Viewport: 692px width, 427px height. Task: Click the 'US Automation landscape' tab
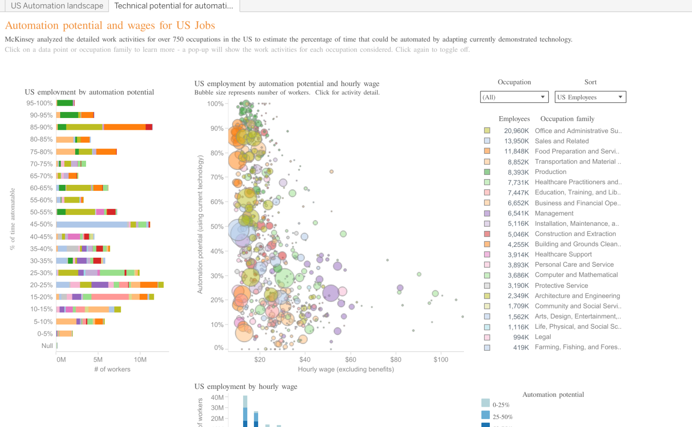57,6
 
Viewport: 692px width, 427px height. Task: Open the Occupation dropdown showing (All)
514,97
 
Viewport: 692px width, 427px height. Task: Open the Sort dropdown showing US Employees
590,97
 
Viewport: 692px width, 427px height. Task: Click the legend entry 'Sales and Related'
561,141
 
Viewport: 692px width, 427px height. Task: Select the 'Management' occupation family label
554,213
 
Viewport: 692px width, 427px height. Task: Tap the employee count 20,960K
516,131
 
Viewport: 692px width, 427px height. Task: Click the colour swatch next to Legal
487,337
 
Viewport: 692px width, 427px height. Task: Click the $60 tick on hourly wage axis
350,359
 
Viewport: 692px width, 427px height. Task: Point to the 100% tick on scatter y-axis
215,103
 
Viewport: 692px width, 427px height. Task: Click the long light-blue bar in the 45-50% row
92,224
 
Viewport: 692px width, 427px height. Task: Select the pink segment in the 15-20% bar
110,297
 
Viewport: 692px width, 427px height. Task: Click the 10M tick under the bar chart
140,359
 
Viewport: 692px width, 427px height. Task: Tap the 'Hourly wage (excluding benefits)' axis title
346,369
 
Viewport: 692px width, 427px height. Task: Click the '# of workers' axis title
112,369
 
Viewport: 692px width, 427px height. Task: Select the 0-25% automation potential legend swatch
486,403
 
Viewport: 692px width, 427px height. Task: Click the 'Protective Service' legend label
561,285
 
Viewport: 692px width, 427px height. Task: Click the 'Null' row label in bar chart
47,346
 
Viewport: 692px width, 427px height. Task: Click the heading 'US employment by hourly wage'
245,387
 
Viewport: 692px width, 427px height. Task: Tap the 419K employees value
520,348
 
